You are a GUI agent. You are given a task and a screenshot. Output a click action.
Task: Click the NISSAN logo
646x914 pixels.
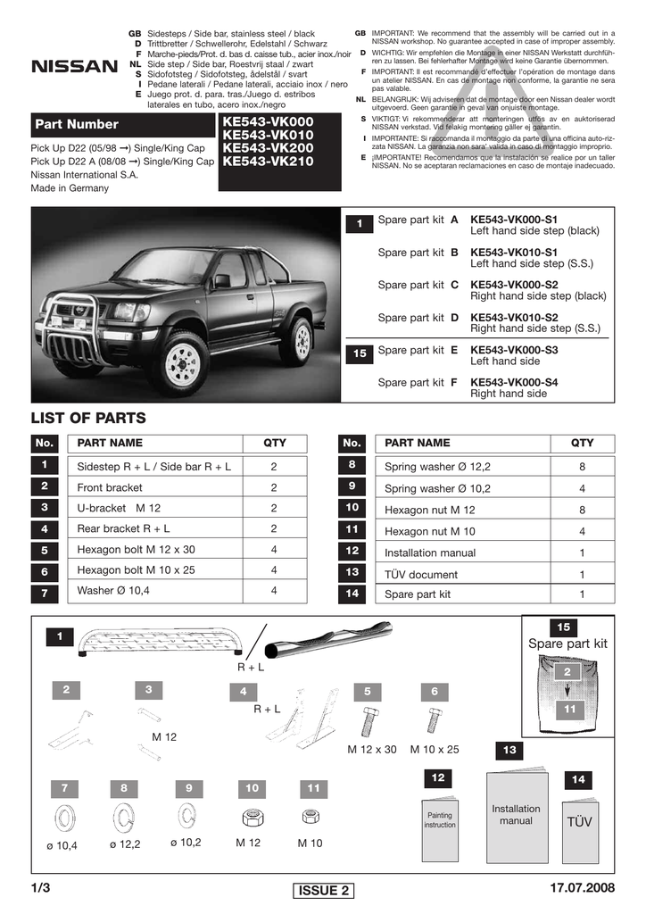pos(74,66)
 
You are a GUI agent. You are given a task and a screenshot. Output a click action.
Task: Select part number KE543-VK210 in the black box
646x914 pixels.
pos(268,162)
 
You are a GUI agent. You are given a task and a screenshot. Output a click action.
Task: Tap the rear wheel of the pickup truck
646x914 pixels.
pos(297,341)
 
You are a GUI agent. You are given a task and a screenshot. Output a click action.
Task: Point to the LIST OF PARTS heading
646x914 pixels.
pos(88,418)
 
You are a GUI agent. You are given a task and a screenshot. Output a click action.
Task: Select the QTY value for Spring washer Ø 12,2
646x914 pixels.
pos(582,466)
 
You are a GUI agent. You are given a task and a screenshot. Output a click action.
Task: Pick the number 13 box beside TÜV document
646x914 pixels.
pos(352,572)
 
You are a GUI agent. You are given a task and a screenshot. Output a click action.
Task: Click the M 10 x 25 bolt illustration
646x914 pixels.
pos(435,719)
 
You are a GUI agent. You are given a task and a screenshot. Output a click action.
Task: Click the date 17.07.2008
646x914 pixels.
pos(584,888)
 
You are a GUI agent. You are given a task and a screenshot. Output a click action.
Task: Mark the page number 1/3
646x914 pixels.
pos(41,888)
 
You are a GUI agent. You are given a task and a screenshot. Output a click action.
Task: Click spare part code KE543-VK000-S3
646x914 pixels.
pos(514,350)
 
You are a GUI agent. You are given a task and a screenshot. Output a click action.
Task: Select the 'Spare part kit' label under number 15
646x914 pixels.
pos(567,644)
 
